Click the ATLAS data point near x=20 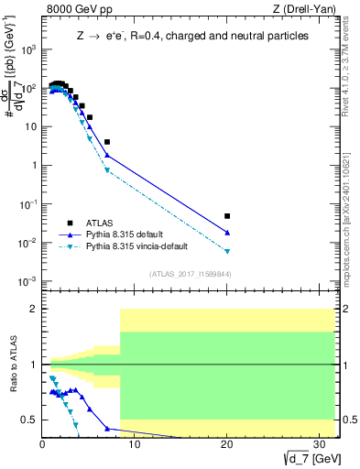click(x=227, y=216)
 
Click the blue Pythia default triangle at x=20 click(x=227, y=233)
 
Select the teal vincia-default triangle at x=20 click(x=227, y=251)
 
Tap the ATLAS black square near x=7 click(x=107, y=142)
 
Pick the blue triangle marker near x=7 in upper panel click(x=107, y=155)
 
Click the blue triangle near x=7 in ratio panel click(x=107, y=428)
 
